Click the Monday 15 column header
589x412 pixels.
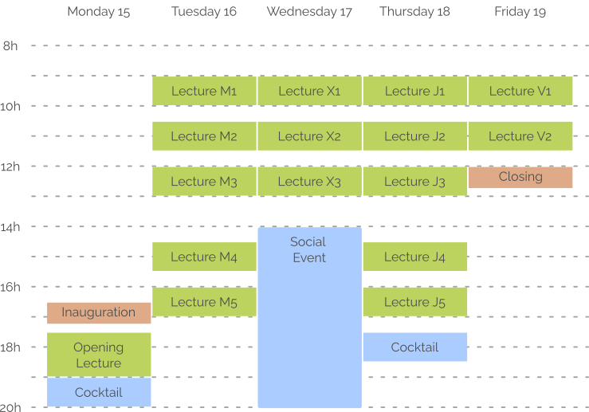tap(98, 12)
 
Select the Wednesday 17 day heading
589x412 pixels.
tap(309, 12)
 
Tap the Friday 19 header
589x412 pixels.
tap(520, 12)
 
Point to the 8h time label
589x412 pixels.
tap(10, 46)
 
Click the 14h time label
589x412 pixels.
tap(10, 227)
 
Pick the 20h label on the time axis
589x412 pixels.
tap(10, 407)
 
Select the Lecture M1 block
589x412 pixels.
tap(204, 91)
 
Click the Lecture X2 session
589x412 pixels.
tap(309, 136)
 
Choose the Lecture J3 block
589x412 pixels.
tap(414, 182)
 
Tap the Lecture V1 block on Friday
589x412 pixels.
tap(520, 91)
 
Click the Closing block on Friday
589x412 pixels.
tap(520, 177)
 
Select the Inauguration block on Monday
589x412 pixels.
tap(99, 312)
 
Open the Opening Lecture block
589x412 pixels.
tap(99, 355)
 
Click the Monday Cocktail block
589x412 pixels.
tap(99, 392)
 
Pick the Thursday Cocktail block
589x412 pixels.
tap(414, 347)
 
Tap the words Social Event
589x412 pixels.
tap(308, 249)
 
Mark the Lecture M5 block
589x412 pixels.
tap(204, 302)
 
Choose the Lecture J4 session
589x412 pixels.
tap(414, 257)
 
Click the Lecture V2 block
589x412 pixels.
tap(520, 136)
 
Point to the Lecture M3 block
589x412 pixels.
tap(204, 182)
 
